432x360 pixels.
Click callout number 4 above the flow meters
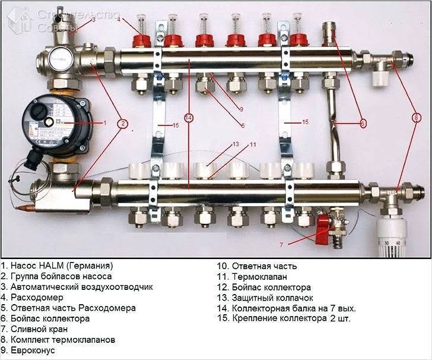tap(119, 20)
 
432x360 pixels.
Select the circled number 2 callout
tap(122, 124)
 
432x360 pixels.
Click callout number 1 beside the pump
tap(104, 123)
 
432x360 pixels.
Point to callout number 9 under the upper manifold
tap(242, 109)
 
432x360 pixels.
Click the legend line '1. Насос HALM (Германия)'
tap(56, 266)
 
